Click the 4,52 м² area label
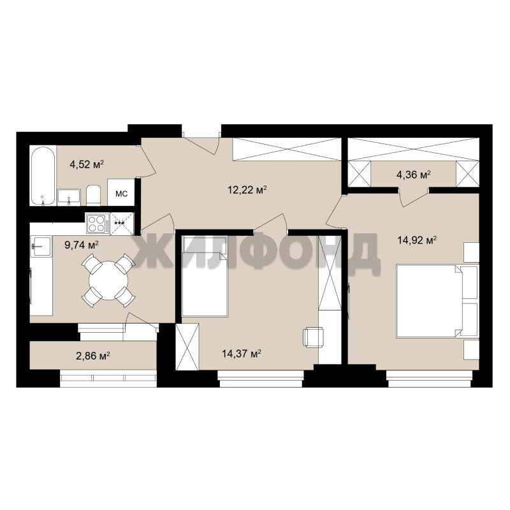pos(87,164)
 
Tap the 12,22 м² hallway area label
pos(247,189)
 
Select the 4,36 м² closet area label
pos(413,175)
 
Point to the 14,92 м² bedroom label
pos(417,240)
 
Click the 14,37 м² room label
pos(242,353)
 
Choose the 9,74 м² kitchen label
pos(82,245)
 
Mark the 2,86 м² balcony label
pos(92,356)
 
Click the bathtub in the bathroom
pos(43,176)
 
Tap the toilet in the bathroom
pos(93,195)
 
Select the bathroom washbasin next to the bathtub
pos(69,197)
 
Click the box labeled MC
pos(121,193)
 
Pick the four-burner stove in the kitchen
pos(98,224)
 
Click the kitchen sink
pos(41,246)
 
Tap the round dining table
pos(108,280)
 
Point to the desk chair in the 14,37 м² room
pos(314,338)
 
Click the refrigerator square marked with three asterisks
pos(122,224)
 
